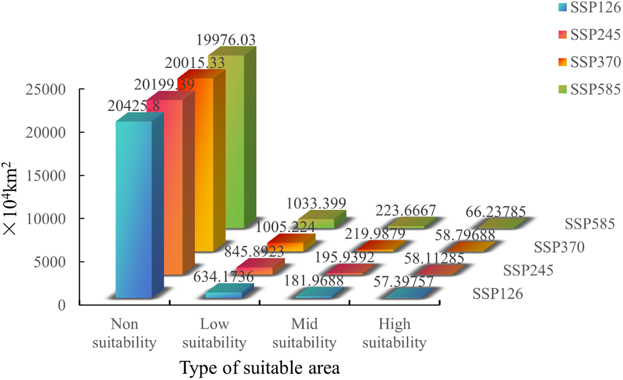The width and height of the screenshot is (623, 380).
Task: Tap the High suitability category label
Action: click(394, 333)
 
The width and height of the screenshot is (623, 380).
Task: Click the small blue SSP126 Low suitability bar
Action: click(224, 295)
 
